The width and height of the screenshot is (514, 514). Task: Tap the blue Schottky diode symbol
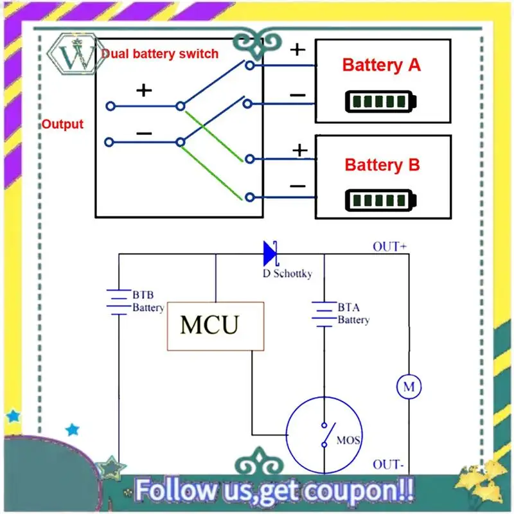click(x=270, y=253)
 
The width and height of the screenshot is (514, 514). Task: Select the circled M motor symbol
click(x=408, y=387)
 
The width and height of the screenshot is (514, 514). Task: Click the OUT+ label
click(x=390, y=246)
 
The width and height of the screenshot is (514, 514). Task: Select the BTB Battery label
click(x=148, y=301)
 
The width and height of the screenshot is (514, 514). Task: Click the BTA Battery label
click(x=353, y=314)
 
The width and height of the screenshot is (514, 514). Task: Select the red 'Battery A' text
click(x=382, y=65)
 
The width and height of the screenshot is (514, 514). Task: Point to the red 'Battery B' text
click(x=382, y=164)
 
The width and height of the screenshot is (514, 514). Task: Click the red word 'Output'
click(x=62, y=124)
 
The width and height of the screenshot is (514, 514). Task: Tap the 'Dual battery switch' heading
click(x=160, y=54)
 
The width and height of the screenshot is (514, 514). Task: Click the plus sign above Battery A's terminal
click(x=298, y=49)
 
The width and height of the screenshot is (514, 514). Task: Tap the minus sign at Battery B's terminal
click(x=297, y=186)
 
